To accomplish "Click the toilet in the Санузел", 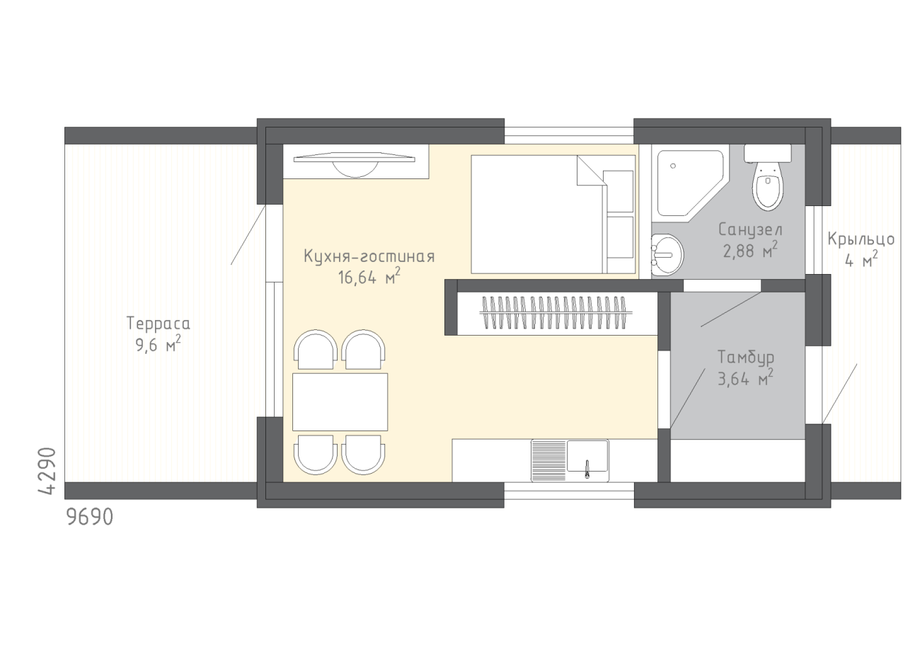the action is (x=768, y=178).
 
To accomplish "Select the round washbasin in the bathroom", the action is (x=667, y=255).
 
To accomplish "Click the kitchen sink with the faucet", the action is (x=587, y=460).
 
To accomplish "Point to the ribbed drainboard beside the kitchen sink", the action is (x=548, y=460).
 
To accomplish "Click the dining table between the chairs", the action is (x=340, y=402).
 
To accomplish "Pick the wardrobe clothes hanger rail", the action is (x=556, y=313).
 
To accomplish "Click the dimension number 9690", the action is (x=90, y=517).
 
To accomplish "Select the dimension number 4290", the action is (x=47, y=471).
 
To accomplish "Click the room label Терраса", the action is (x=159, y=324).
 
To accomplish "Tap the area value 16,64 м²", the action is (x=369, y=277).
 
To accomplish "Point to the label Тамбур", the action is (x=746, y=358).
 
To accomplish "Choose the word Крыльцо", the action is (x=861, y=239).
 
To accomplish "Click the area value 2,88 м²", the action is (x=750, y=250).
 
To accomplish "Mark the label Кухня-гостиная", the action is (x=369, y=256).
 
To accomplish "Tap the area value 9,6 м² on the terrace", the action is (x=158, y=344).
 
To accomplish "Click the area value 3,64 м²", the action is (x=745, y=378).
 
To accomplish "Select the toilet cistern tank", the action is (x=768, y=153).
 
